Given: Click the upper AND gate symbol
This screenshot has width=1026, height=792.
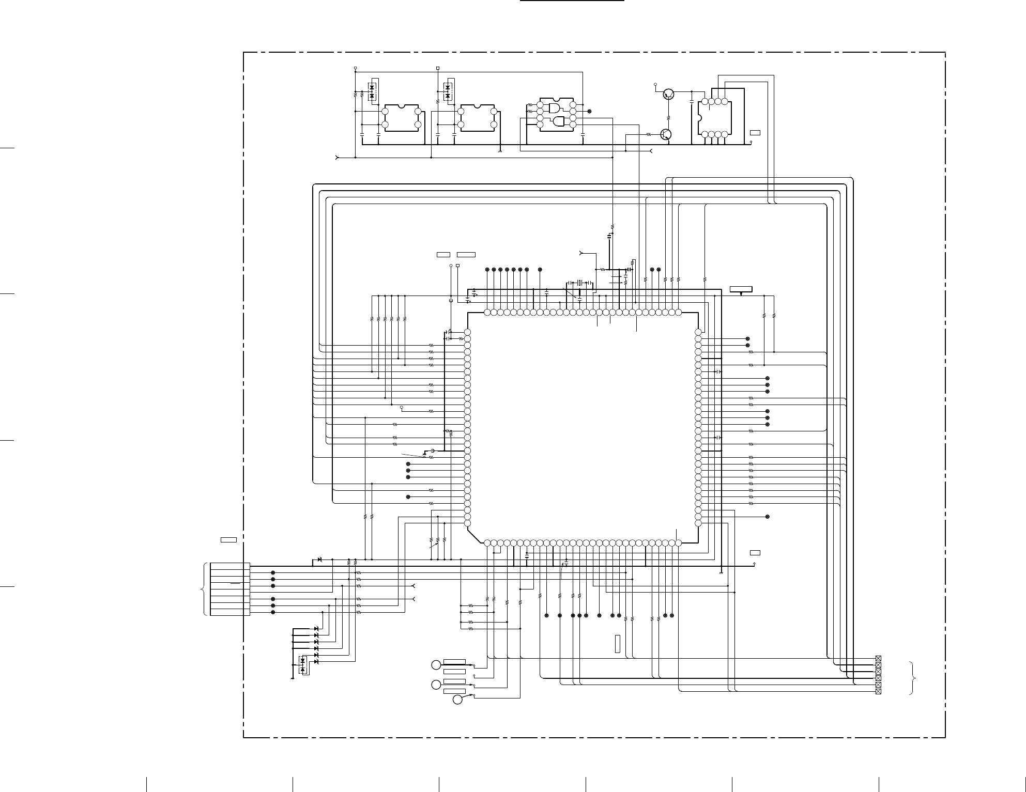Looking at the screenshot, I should tap(555, 108).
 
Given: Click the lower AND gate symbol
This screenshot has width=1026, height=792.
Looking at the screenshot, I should tap(559, 121).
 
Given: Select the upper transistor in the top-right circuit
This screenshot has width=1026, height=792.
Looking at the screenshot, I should tap(668, 94).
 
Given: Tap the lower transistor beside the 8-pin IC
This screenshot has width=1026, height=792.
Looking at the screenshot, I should tap(666, 134).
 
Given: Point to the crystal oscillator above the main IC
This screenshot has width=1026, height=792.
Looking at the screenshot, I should tap(580, 283).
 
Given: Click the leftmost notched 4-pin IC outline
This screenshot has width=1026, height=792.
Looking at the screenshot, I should tap(402, 118).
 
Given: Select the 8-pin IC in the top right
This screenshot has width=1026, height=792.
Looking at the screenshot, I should tap(714, 118).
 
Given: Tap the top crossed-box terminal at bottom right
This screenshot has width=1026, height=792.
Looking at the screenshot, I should tap(878, 659).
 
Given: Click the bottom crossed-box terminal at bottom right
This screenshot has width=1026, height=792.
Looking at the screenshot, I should tap(878, 691).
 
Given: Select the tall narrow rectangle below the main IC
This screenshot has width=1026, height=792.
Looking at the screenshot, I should tap(617, 644).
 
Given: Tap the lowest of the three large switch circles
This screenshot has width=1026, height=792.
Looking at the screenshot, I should tap(457, 700).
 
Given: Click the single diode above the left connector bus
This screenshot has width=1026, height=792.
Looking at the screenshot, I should tap(319, 560).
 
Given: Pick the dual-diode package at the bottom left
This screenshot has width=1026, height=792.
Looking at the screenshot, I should tap(303, 665).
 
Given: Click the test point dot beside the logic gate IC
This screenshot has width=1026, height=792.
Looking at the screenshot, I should tap(590, 111).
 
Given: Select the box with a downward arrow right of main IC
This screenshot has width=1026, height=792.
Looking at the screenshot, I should tap(741, 289).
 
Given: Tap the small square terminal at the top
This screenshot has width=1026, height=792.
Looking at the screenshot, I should tap(438, 68).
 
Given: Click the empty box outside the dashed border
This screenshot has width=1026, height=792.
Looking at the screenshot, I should tap(228, 540).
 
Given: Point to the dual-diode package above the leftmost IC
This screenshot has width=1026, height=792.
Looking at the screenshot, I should tap(372, 91).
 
